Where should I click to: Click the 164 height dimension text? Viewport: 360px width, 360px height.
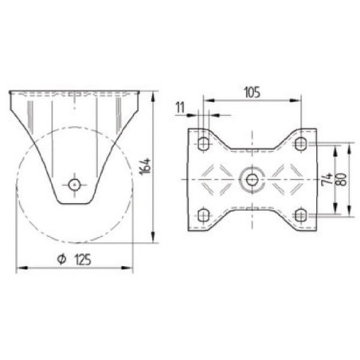tap(146, 166)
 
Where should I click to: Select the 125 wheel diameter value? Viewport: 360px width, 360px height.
tap(83, 260)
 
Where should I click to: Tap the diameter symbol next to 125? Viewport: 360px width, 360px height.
tap(61, 260)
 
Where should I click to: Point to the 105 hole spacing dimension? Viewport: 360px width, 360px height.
tap(252, 92)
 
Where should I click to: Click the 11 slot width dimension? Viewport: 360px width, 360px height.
tap(180, 108)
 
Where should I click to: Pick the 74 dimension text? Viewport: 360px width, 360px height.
tap(327, 179)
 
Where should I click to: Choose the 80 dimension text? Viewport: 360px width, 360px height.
tap(342, 179)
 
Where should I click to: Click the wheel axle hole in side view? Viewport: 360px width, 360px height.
tap(74, 185)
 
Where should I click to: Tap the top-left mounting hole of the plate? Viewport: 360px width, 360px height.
tap(204, 144)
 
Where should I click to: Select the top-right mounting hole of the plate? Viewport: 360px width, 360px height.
tap(300, 144)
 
